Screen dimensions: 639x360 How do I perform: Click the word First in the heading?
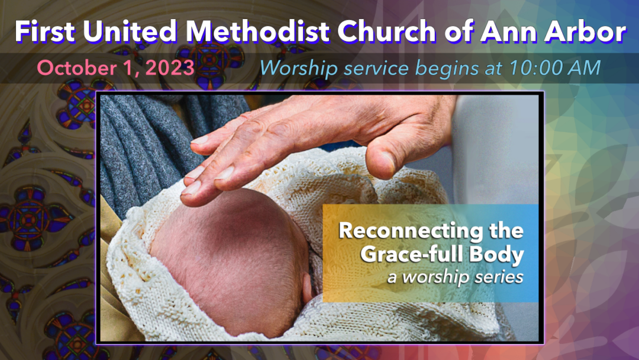point(45,31)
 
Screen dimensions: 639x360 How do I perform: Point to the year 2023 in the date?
point(170,67)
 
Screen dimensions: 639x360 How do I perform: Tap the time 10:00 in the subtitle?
point(535,67)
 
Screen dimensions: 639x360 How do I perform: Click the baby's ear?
point(308,287)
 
